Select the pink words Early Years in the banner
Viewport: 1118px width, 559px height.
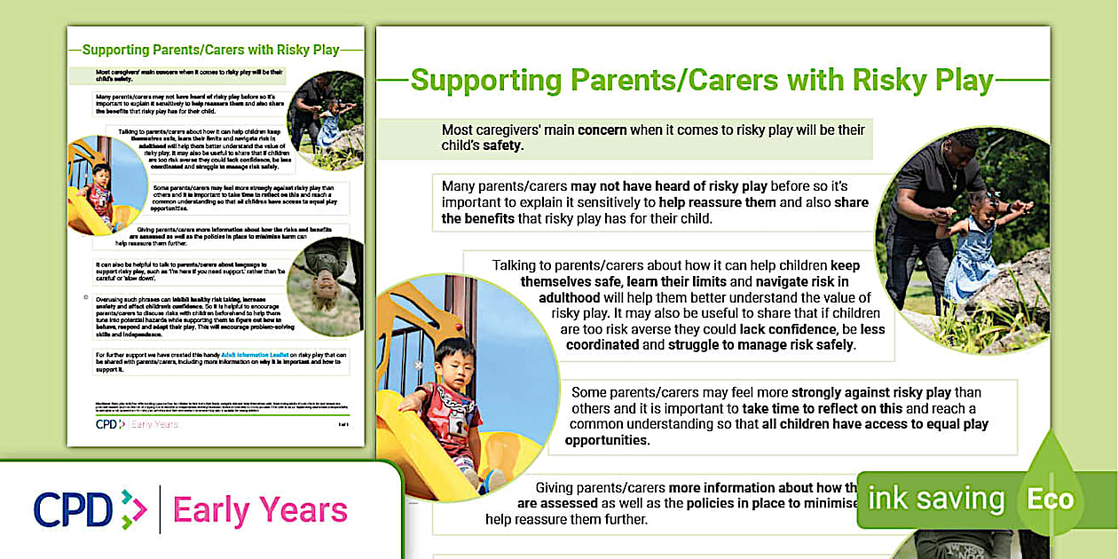[x=260, y=510]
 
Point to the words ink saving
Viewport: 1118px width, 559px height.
[x=935, y=499]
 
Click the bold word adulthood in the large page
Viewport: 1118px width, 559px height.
[x=559, y=297]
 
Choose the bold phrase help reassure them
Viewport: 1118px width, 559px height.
[x=717, y=202]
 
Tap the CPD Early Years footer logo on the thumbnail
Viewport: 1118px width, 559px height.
[x=137, y=424]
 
